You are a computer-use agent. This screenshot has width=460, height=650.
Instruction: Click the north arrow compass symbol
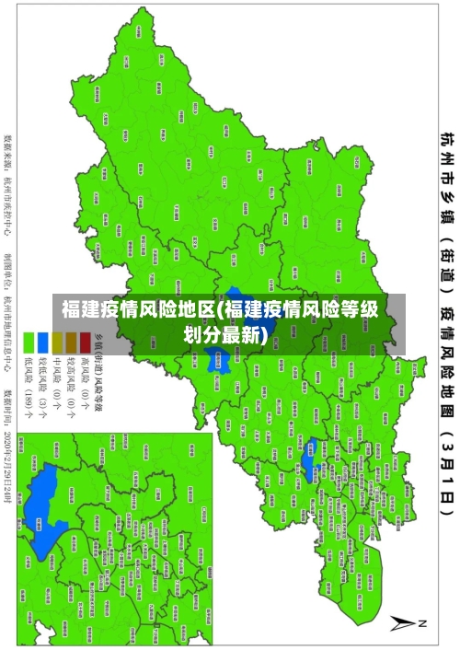point(403,622)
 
